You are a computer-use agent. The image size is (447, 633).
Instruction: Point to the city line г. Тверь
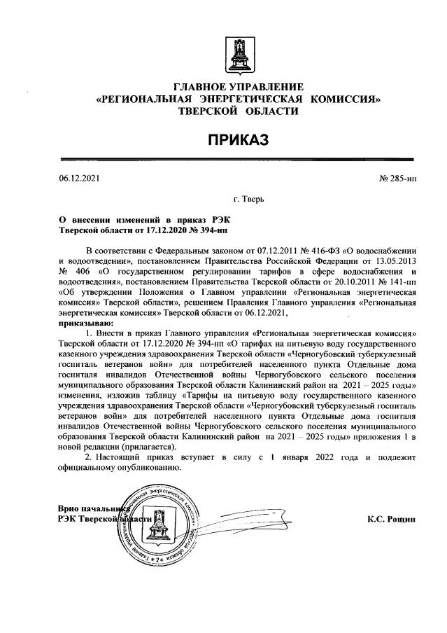[248, 199]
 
